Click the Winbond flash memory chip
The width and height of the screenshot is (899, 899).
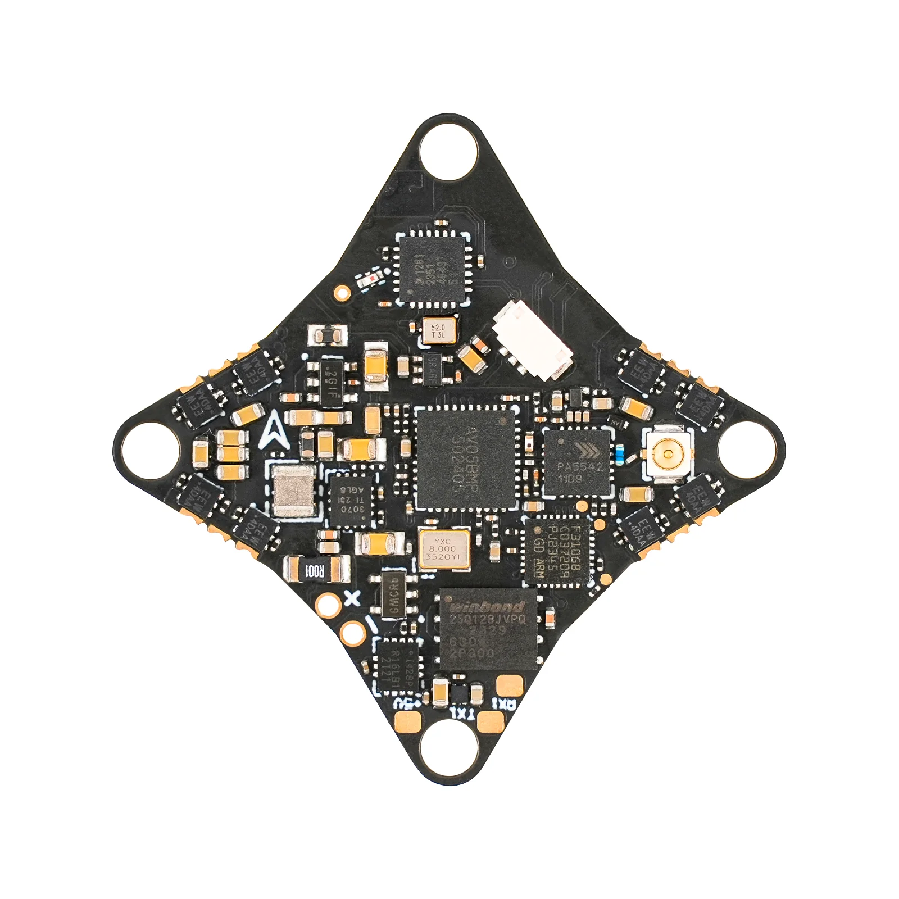pyautogui.click(x=488, y=629)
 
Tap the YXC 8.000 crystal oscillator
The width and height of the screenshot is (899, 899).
pyautogui.click(x=444, y=549)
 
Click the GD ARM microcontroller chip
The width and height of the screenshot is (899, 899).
pyautogui.click(x=559, y=551)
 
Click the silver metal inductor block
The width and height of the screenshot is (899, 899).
pyautogui.click(x=293, y=491)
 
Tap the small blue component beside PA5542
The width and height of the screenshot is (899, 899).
pyautogui.click(x=619, y=453)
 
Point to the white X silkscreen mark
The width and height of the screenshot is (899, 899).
pyautogui.click(x=352, y=598)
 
